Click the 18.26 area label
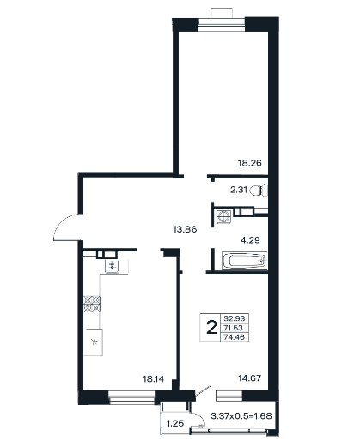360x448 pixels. tap(250, 163)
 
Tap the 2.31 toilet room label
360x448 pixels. tap(239, 190)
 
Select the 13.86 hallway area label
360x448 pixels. tap(185, 229)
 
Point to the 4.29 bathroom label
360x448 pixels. tap(250, 240)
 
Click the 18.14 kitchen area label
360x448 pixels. tap(154, 379)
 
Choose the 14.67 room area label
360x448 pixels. tap(250, 378)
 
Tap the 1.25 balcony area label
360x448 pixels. tap(175, 423)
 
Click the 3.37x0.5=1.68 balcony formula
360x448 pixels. tap(241, 415)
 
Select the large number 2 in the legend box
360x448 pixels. tap(211, 327)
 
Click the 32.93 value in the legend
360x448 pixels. tap(235, 318)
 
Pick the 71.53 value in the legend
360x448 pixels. tap(234, 328)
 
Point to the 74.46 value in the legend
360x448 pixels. tap(235, 337)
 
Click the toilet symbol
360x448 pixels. tap(259, 191)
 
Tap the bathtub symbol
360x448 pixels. tap(245, 261)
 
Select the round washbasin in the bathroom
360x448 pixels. tap(223, 216)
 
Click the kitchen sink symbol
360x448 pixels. tap(112, 266)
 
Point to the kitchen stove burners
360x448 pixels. tap(92, 304)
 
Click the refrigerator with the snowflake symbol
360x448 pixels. tap(94, 342)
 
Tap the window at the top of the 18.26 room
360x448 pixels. tap(222, 24)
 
